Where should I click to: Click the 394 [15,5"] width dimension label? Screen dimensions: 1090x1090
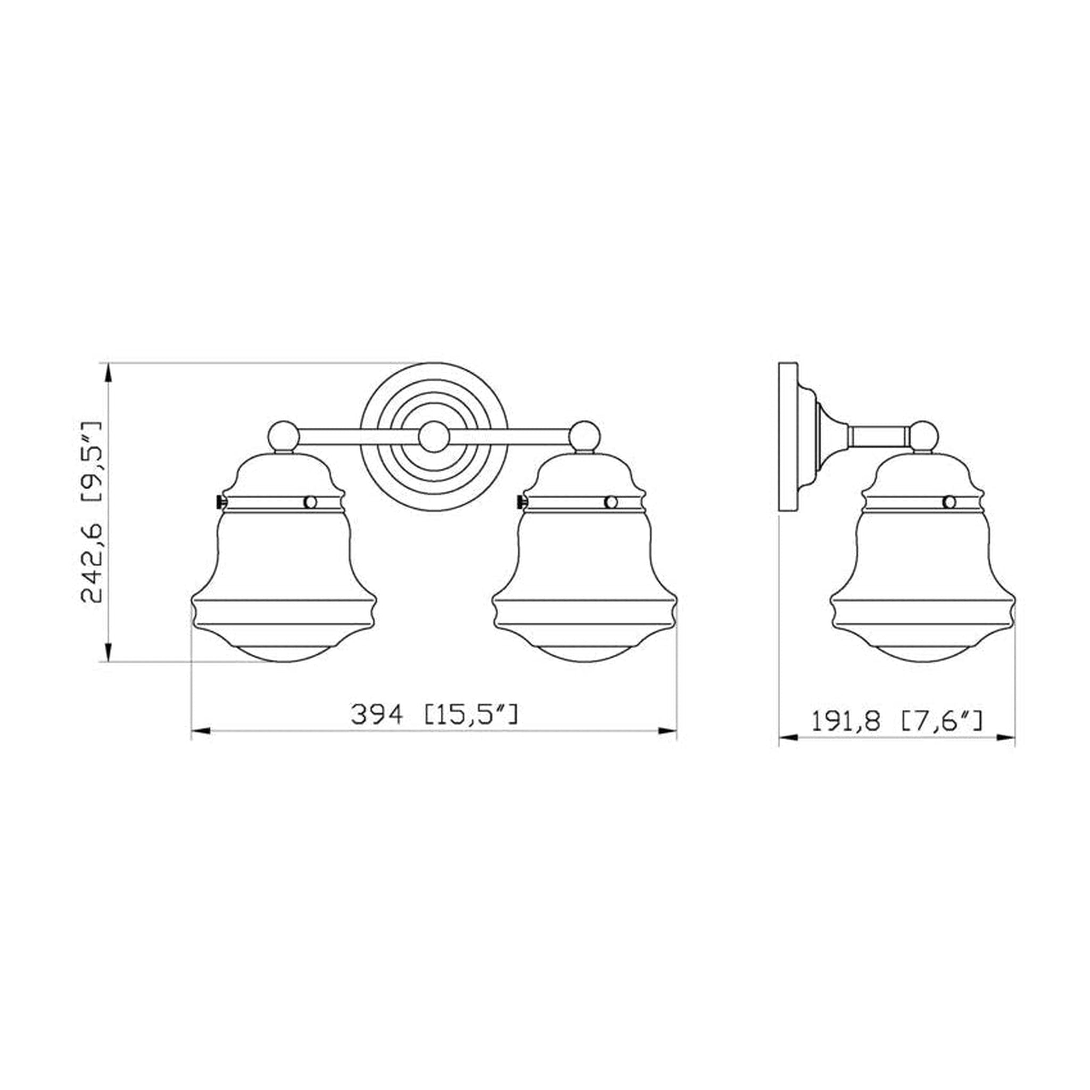434,715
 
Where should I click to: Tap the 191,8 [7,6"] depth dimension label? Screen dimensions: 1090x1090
896,722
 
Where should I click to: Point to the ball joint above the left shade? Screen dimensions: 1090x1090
284,436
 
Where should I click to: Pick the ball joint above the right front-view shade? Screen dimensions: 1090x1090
584,436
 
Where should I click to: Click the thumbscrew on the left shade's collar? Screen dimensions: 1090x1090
220,501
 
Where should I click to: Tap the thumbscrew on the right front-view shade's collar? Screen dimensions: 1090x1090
520,501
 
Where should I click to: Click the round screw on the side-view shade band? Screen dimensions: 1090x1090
950,502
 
